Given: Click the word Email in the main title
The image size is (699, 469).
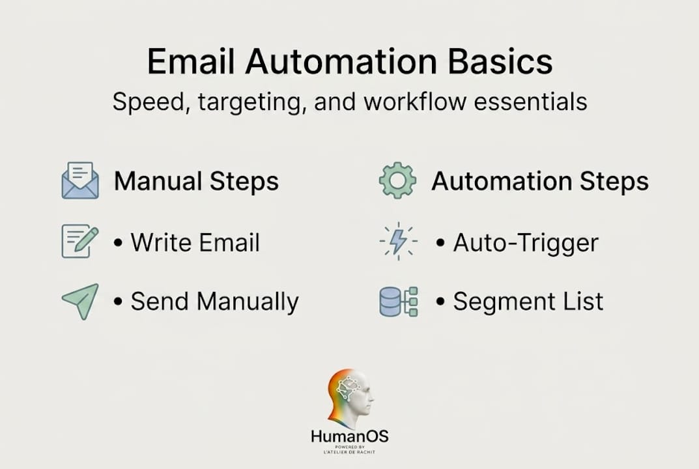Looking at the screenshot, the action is click(x=191, y=61).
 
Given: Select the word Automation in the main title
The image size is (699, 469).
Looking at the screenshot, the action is click(x=341, y=61).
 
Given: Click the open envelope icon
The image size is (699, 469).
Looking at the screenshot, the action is click(x=80, y=180).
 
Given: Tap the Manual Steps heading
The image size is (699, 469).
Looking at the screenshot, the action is click(x=196, y=182).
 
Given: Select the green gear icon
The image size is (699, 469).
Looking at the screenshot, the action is click(x=397, y=180).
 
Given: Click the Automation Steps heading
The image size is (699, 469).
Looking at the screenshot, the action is click(x=540, y=182).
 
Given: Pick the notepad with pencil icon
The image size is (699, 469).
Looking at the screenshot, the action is click(x=79, y=241).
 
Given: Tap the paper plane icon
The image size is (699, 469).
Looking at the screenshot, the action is click(x=80, y=302).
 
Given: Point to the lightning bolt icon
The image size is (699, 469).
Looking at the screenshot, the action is click(x=398, y=241).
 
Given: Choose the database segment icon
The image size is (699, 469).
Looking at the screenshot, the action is click(x=398, y=302).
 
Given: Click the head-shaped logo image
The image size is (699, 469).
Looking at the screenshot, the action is click(x=350, y=398).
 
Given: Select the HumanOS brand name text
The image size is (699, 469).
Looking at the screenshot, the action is click(x=349, y=436).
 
